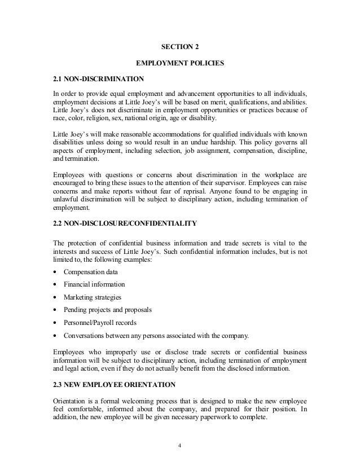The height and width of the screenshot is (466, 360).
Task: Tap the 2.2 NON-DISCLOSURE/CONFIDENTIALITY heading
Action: coord(124,224)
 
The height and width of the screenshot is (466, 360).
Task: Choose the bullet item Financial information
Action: coord(94,284)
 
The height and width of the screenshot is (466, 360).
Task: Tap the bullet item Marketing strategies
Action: coord(92,297)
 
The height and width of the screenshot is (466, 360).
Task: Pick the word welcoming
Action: coord(137,401)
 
